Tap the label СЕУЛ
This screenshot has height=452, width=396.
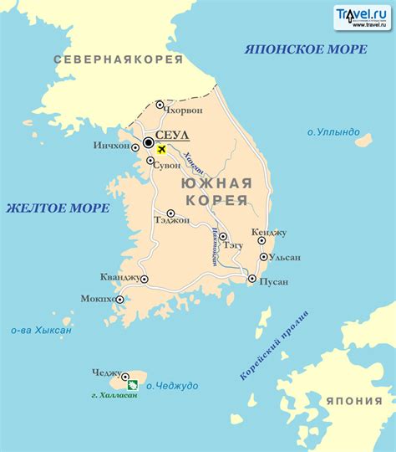(x=173, y=135)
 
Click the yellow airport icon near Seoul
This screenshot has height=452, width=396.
(x=161, y=150)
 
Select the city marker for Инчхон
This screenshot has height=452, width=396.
(x=137, y=146)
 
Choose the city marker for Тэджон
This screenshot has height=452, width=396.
(x=170, y=213)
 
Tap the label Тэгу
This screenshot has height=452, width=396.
(x=235, y=245)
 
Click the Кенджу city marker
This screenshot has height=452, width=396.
(x=261, y=239)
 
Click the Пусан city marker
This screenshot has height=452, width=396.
(x=251, y=279)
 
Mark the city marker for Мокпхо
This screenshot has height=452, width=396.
(x=119, y=299)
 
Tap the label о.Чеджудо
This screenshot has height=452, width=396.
(x=172, y=385)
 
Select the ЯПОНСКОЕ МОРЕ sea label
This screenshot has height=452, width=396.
(x=305, y=49)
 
